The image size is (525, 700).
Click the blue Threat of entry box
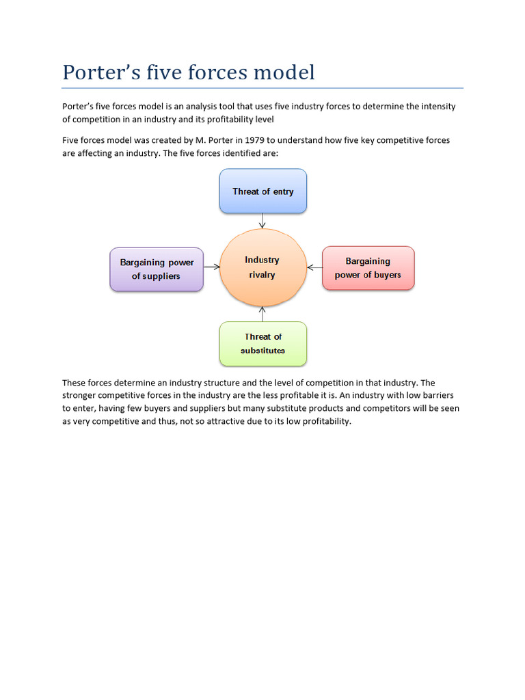(263, 191)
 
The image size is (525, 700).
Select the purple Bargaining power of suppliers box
(157, 269)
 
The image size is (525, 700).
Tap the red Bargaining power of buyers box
(368, 268)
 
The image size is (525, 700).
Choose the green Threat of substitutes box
(263, 343)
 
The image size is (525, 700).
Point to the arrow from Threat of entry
(262, 221)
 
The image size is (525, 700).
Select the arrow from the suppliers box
(211, 267)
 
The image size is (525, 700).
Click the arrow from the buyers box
(314, 267)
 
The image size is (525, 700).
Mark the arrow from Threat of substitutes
(262, 314)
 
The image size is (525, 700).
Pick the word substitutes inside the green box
(262, 351)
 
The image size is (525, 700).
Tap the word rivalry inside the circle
(262, 275)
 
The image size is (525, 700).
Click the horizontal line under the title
(262, 88)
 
